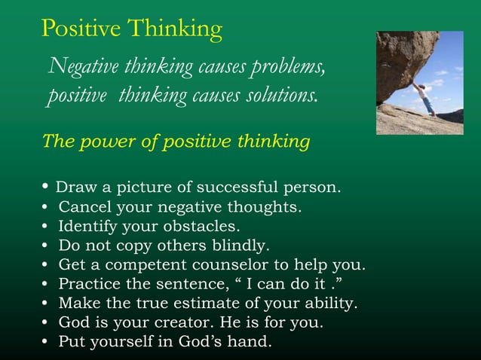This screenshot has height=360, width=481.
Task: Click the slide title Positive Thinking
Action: pyautogui.click(x=132, y=28)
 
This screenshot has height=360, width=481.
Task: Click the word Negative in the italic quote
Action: pyautogui.click(x=78, y=67)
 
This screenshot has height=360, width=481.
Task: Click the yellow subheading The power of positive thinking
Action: pyautogui.click(x=176, y=142)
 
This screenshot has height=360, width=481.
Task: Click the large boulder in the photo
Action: pyautogui.click(x=403, y=56)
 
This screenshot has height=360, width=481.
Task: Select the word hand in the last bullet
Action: pyautogui.click(x=253, y=343)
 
